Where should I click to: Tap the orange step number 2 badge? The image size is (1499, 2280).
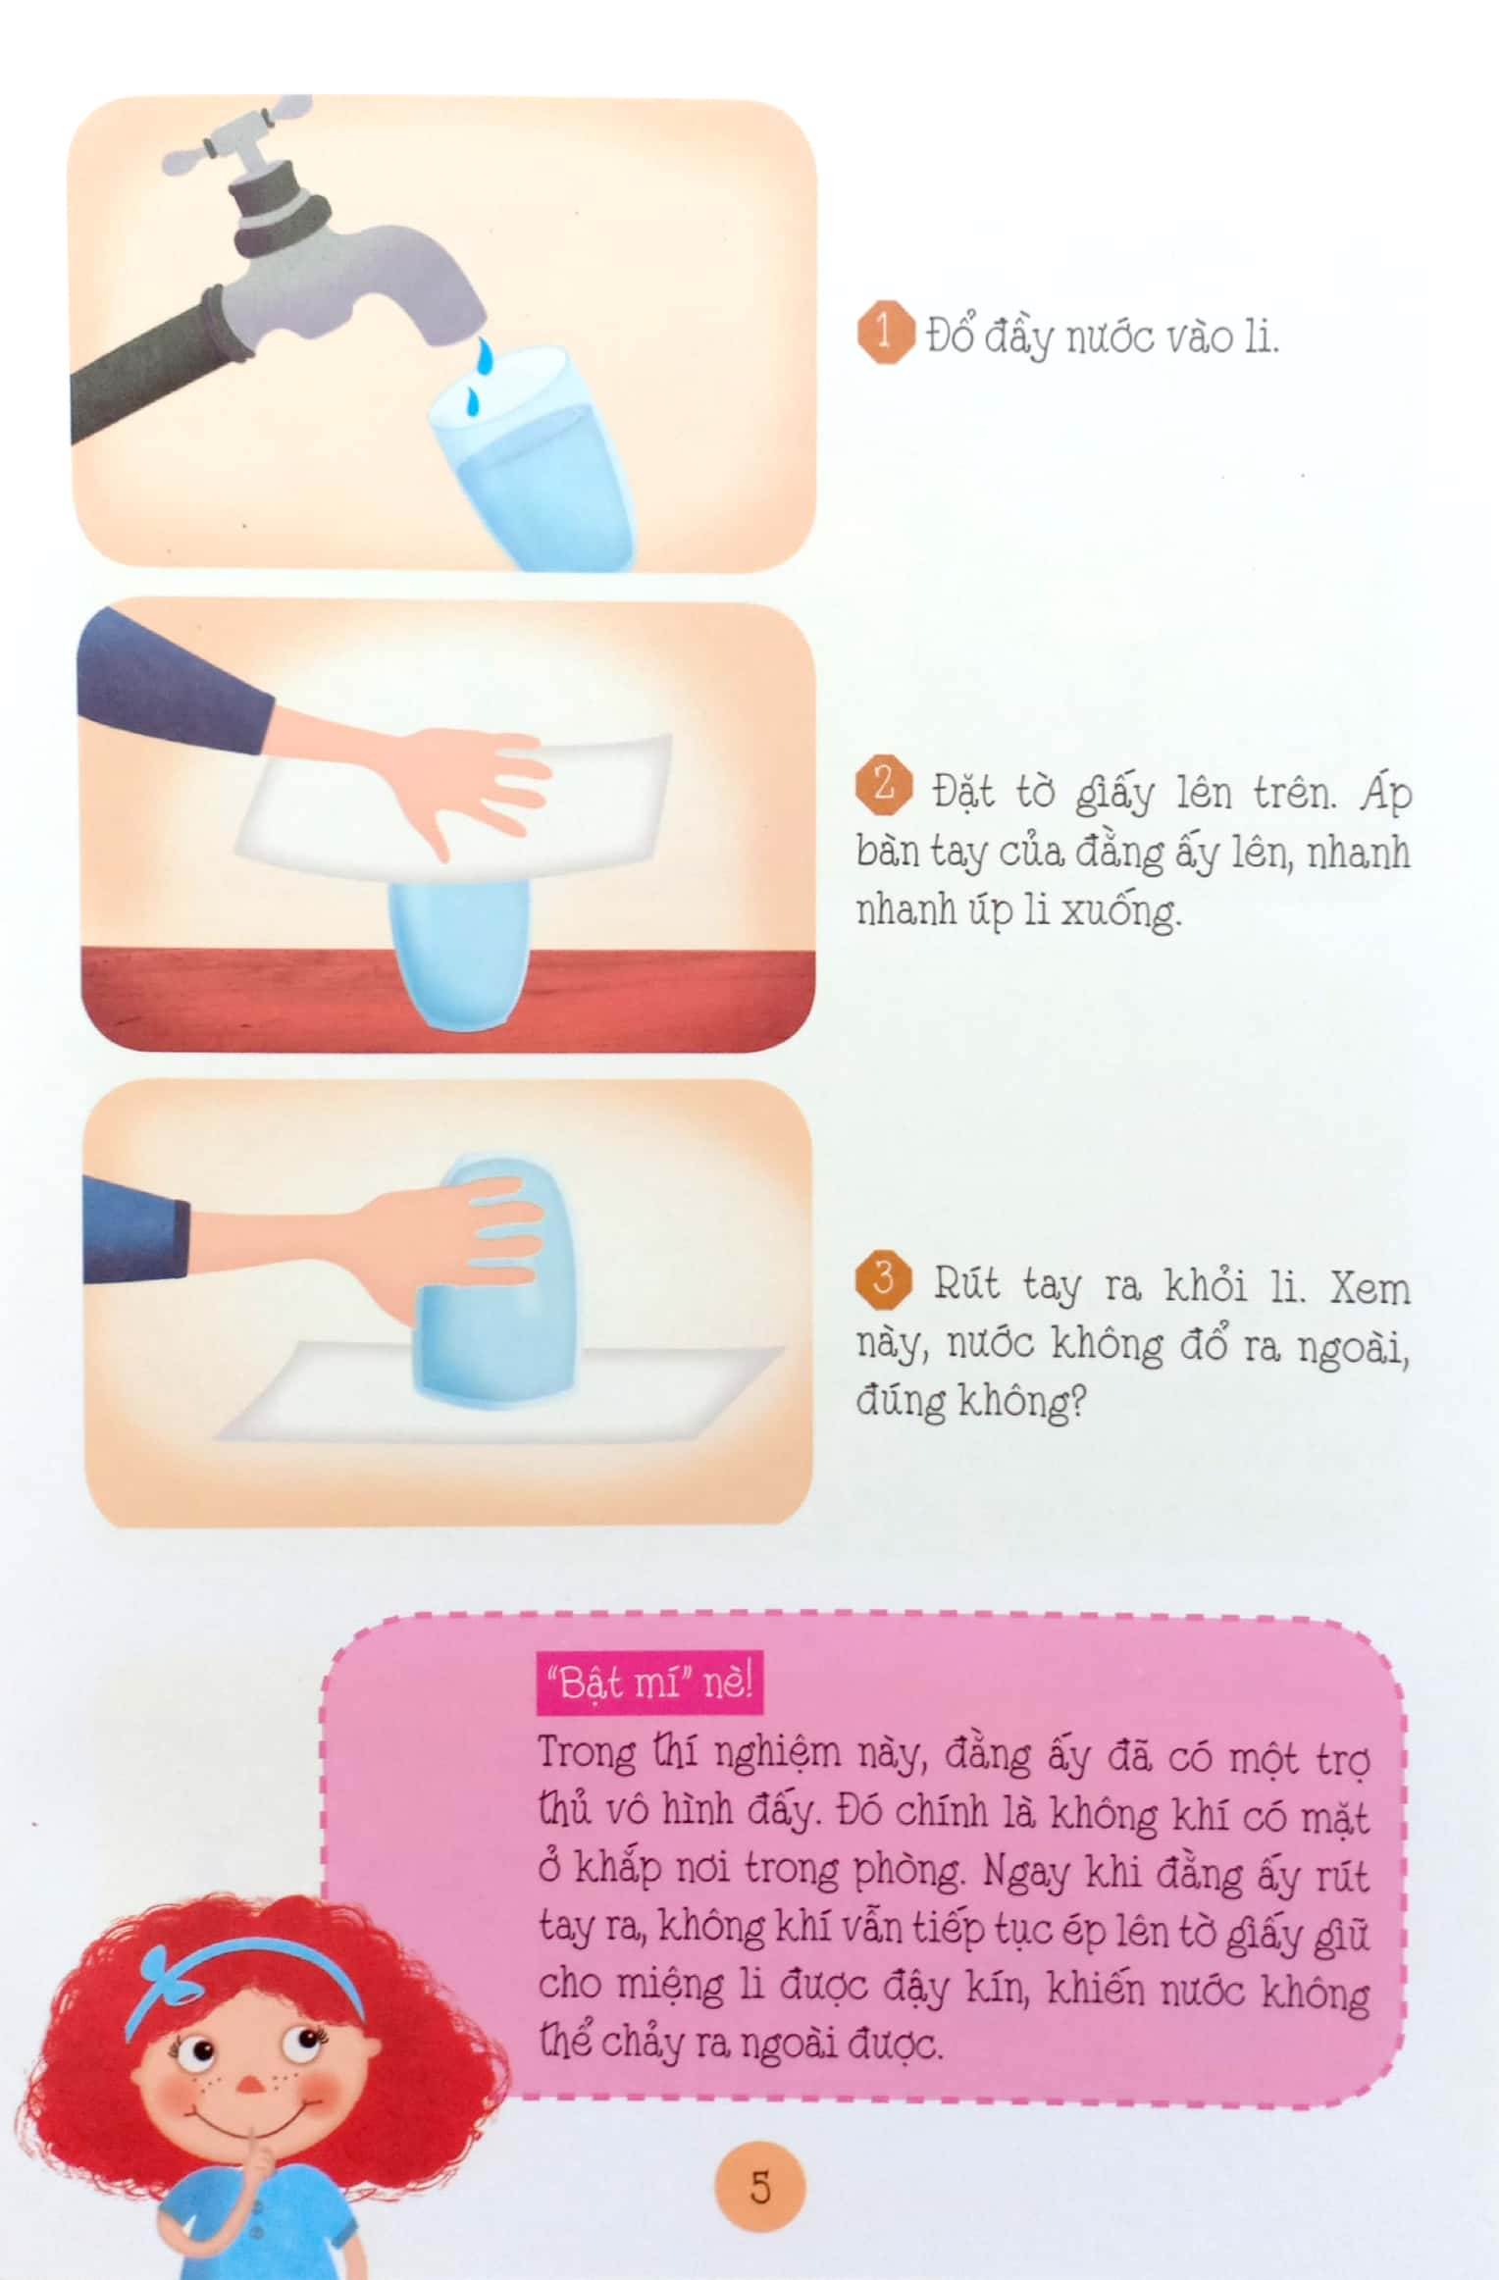(x=884, y=787)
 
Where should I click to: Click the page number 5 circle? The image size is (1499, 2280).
(x=761, y=2187)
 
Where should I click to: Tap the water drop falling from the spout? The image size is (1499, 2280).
(x=483, y=355)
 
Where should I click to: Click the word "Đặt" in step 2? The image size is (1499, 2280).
(x=964, y=791)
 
